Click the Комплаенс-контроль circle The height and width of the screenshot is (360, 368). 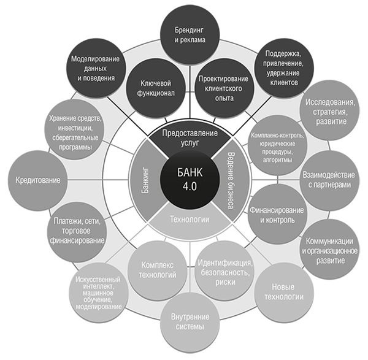coord(275,144)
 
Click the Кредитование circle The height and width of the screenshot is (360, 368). coord(39,182)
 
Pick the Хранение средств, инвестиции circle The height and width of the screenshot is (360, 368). coord(76,131)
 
